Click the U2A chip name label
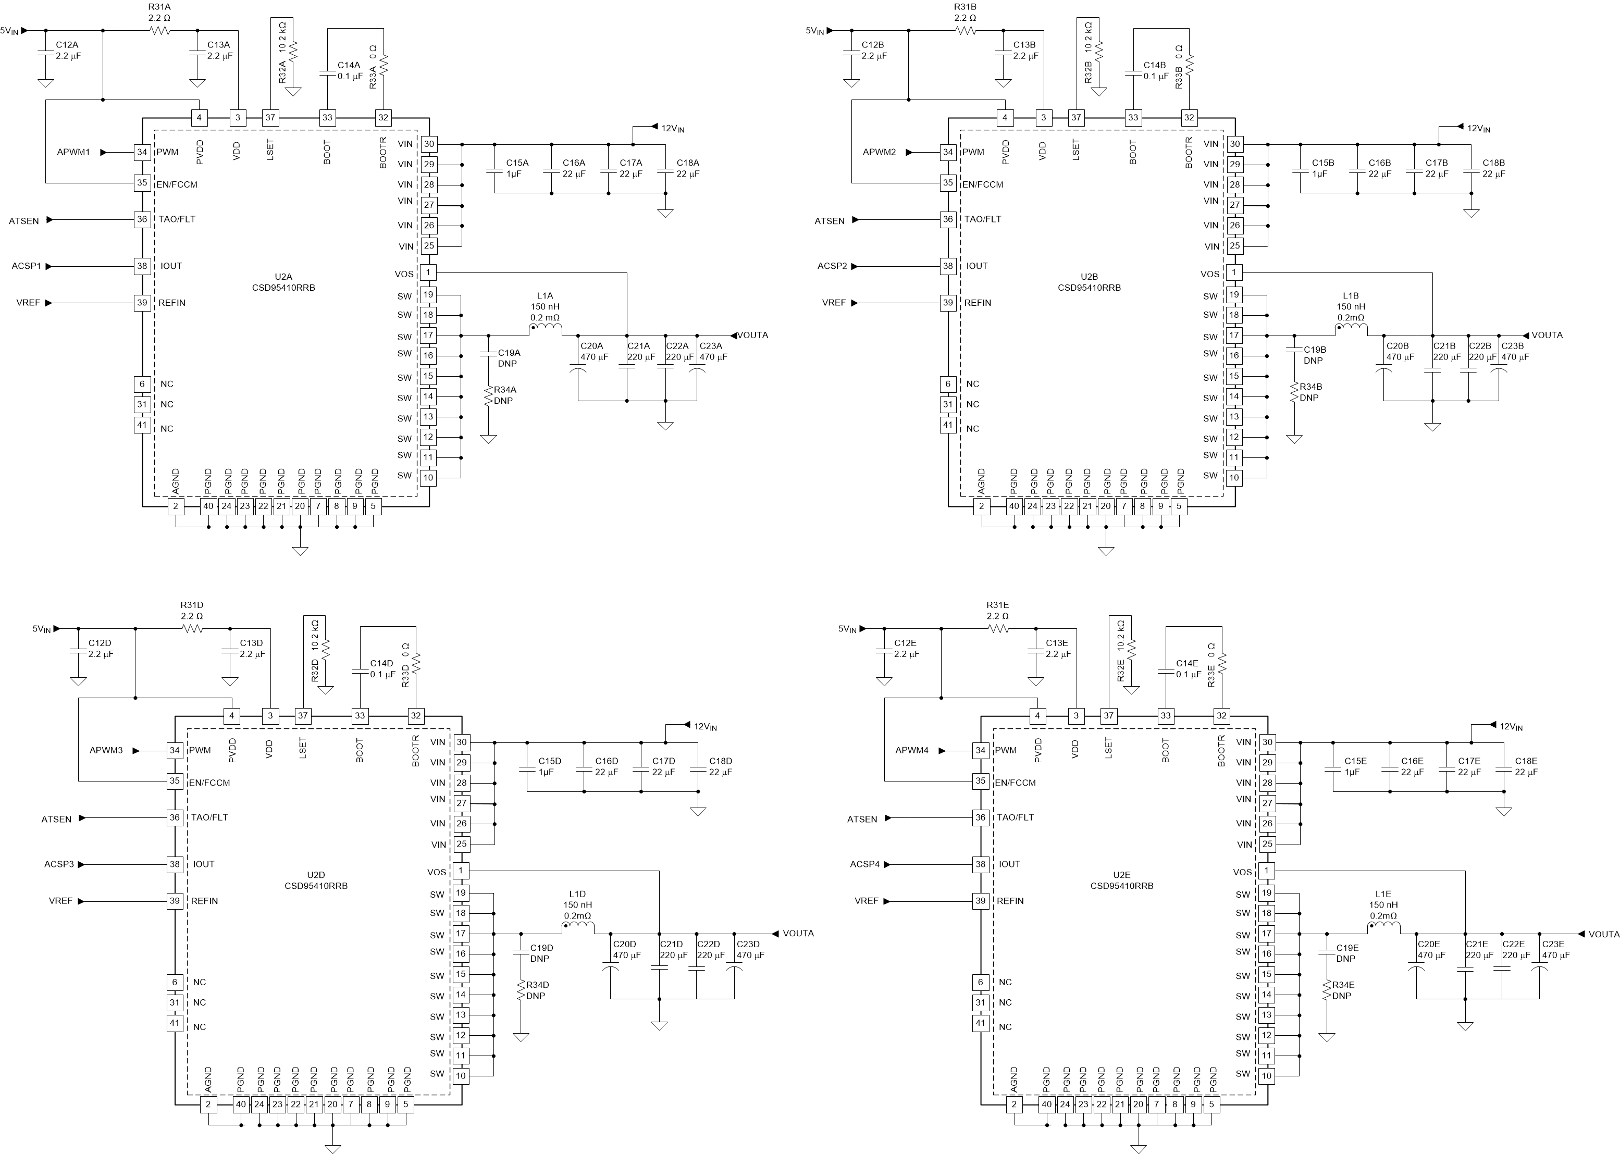tap(283, 277)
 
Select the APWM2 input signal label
tap(879, 152)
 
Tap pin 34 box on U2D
tap(175, 750)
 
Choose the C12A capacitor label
tap(68, 45)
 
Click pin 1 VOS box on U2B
tap(1234, 273)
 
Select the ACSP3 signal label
tap(59, 864)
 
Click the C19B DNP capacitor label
tap(1315, 350)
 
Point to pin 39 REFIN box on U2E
tap(981, 900)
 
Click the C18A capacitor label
tap(687, 163)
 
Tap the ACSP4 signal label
tap(864, 864)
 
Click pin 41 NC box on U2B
tap(948, 425)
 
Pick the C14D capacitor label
tap(381, 663)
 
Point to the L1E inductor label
tap(1383, 894)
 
